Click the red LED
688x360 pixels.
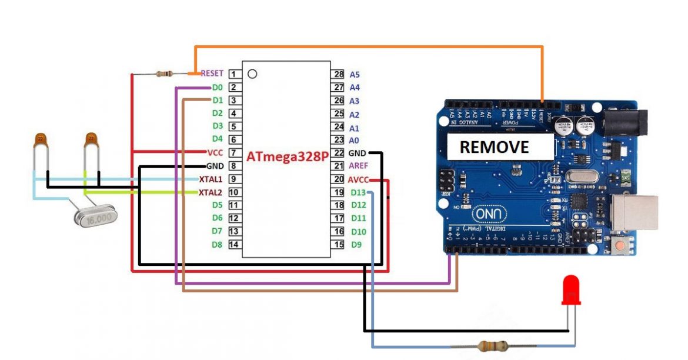pyautogui.click(x=571, y=290)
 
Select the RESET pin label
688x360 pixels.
pyautogui.click(x=212, y=74)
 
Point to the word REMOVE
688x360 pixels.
pyautogui.click(x=494, y=147)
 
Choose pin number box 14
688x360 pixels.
pyautogui.click(x=233, y=244)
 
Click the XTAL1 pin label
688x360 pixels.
pyautogui.click(x=211, y=179)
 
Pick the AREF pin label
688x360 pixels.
pyautogui.click(x=358, y=166)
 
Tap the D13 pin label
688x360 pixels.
pyautogui.click(x=358, y=192)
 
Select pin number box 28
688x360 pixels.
pyautogui.click(x=338, y=74)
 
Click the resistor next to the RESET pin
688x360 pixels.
pyautogui.click(x=163, y=74)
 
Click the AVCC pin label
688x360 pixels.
pyautogui.click(x=358, y=179)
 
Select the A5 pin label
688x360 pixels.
pyautogui.click(x=355, y=75)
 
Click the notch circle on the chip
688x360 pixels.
pyautogui.click(x=252, y=74)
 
